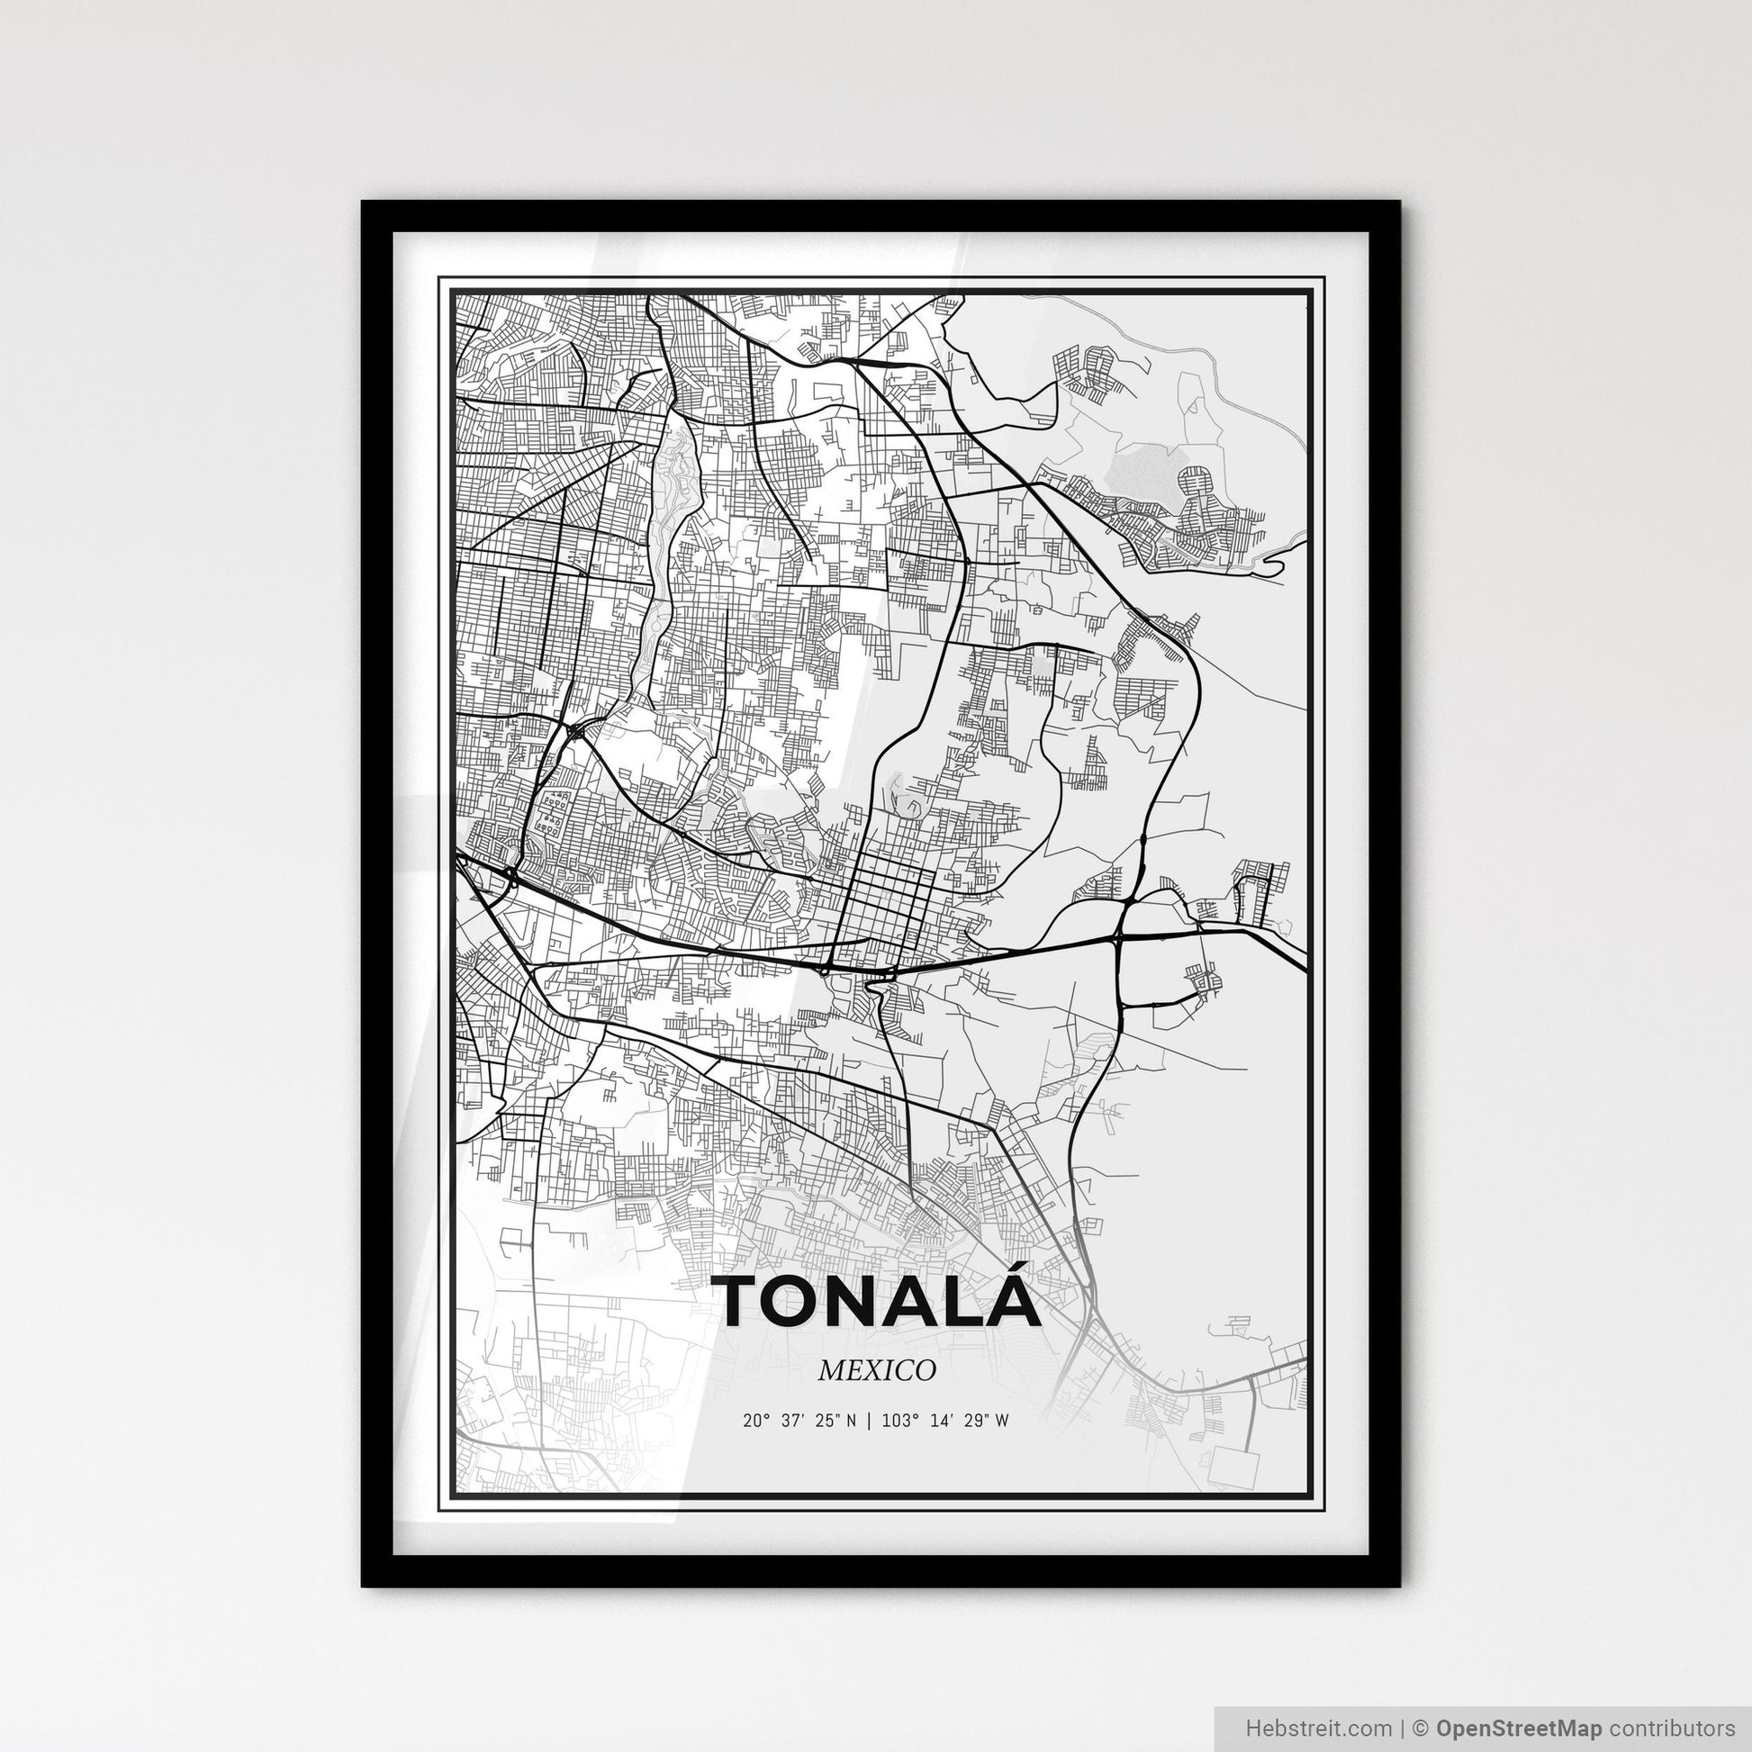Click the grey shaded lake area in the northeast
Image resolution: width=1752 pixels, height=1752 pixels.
[1142, 472]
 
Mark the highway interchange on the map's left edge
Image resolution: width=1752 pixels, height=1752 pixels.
[508, 875]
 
